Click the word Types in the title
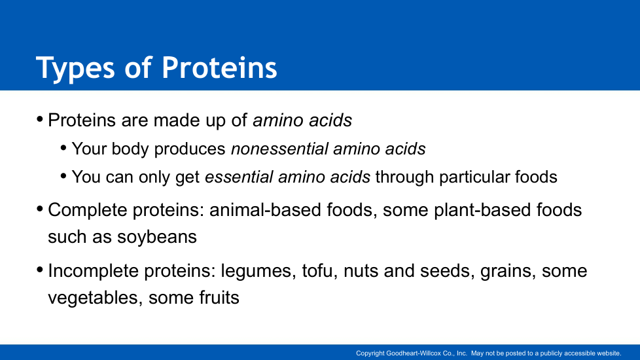(75, 68)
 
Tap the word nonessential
(279, 149)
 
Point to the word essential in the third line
(239, 177)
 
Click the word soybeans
(157, 237)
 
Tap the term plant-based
(482, 211)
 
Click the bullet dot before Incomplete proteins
(40, 270)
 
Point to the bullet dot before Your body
(63, 147)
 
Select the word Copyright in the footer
(370, 353)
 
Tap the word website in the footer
(609, 353)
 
